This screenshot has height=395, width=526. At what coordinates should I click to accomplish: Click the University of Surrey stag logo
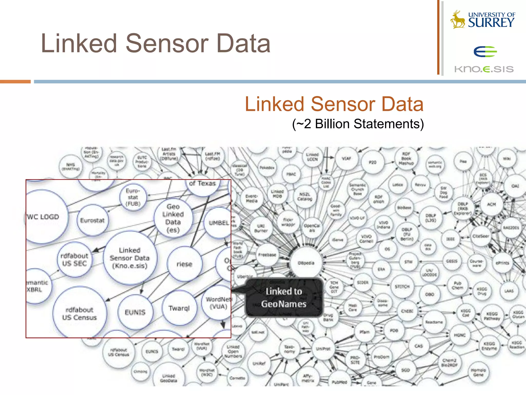458,20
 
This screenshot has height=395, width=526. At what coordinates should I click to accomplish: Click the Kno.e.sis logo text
484,69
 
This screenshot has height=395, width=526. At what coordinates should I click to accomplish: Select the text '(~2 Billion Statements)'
358,124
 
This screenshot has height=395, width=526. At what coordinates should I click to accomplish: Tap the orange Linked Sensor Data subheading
334,104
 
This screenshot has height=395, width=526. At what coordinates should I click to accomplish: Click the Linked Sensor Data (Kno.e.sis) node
130,258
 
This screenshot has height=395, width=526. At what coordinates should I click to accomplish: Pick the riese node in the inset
184,264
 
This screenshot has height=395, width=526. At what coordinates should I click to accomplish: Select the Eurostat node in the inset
92,220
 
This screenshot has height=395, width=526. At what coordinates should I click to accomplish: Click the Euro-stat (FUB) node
133,197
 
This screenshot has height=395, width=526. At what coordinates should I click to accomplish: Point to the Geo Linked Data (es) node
173,218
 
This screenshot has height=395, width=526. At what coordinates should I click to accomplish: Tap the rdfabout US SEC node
74,259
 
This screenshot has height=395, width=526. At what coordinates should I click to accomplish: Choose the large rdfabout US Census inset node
79,313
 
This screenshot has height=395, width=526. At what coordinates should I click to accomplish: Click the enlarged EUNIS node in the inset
135,312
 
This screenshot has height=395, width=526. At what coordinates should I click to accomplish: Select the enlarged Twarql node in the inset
179,308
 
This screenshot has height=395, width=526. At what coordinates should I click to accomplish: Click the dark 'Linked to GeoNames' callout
284,298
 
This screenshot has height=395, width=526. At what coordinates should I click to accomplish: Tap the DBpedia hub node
306,263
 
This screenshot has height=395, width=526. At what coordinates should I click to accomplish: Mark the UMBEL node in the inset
218,223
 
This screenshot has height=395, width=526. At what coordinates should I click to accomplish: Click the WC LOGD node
43,217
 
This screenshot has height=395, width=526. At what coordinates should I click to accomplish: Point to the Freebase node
267,255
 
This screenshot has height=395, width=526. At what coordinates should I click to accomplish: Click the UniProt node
323,349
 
